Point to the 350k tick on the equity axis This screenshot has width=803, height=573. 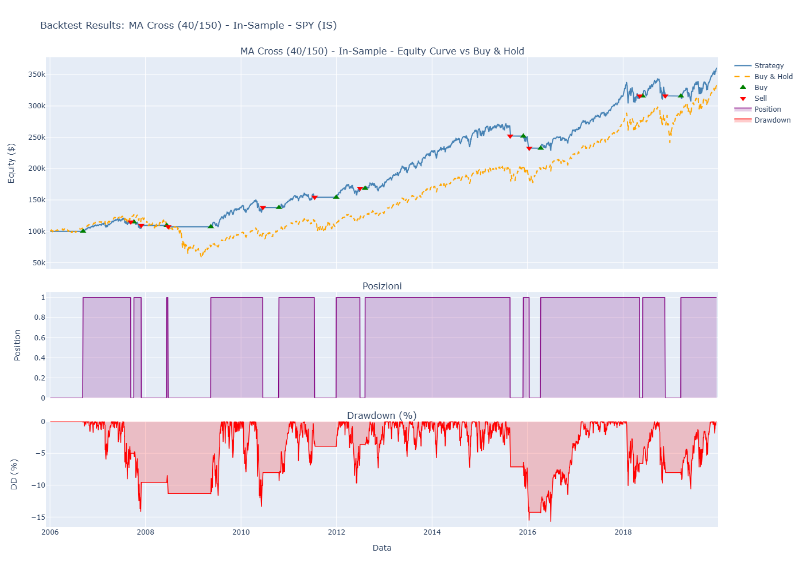pyautogui.click(x=36, y=74)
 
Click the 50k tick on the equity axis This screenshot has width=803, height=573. pyautogui.click(x=38, y=263)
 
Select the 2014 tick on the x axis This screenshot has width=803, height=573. pyautogui.click(x=432, y=532)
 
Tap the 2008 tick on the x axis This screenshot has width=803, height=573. pyautogui.click(x=145, y=532)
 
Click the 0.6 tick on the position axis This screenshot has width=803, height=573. pyautogui.click(x=39, y=338)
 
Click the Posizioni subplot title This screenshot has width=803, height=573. pyautogui.click(x=382, y=286)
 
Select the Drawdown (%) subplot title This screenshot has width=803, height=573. pyautogui.click(x=382, y=416)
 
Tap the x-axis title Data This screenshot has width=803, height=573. pyautogui.click(x=382, y=548)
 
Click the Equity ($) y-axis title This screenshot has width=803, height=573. pyautogui.click(x=11, y=163)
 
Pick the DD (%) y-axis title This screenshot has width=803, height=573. pyautogui.click(x=14, y=474)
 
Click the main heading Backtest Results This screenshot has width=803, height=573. pyautogui.click(x=188, y=25)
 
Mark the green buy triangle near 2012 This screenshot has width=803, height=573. pyautogui.click(x=336, y=197)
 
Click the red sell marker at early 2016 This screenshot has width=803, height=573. pyautogui.click(x=529, y=148)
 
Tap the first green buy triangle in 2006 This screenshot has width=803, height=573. pyautogui.click(x=83, y=230)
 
